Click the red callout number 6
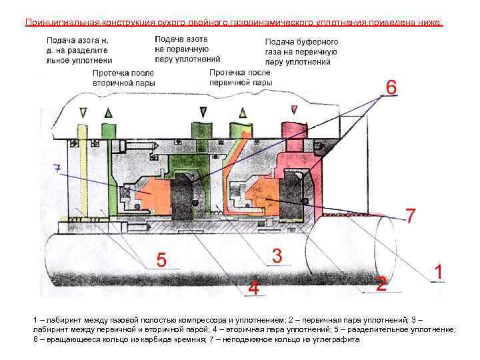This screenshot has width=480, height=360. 391,87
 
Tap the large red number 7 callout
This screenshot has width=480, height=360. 411,215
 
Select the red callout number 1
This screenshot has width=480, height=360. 439,272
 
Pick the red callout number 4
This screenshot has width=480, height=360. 253,288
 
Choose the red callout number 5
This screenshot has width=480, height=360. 161,259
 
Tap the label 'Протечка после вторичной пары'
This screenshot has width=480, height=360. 124,78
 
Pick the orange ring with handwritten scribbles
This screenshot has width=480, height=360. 263,194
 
